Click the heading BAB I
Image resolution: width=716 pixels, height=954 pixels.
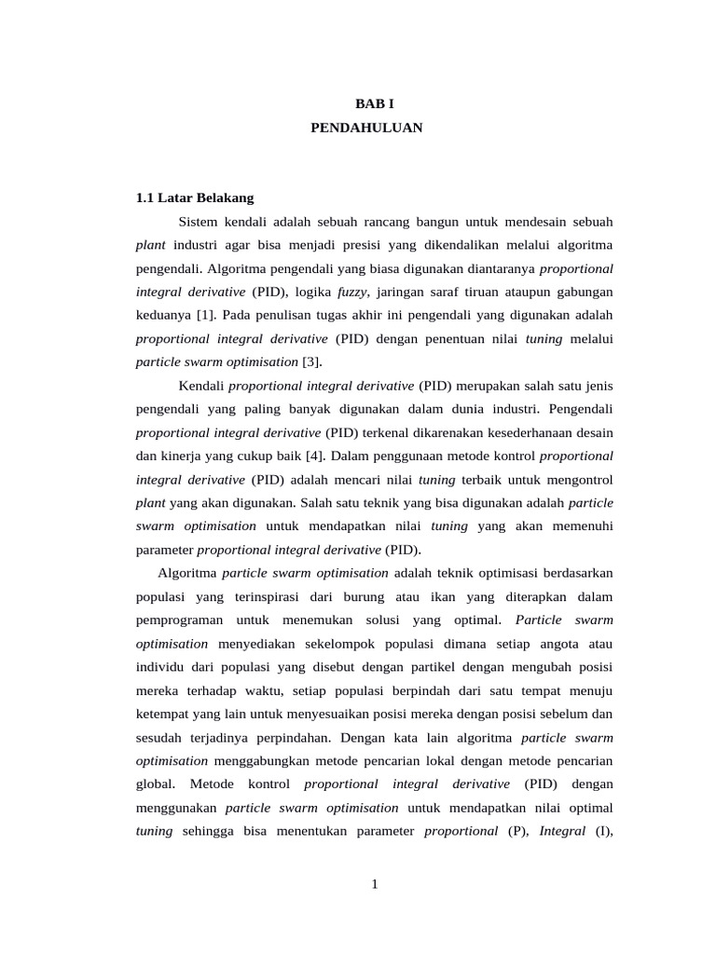(x=366, y=105)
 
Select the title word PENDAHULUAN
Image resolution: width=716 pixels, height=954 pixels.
(x=366, y=129)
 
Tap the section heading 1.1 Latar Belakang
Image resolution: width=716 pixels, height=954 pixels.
(x=195, y=198)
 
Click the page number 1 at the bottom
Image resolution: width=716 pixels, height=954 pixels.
(x=374, y=884)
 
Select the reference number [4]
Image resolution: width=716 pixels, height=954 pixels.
(x=315, y=457)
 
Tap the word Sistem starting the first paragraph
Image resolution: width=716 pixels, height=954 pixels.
(x=197, y=223)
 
